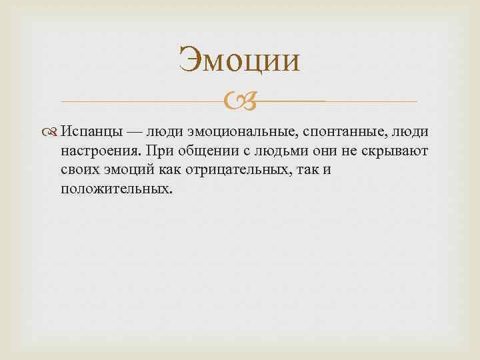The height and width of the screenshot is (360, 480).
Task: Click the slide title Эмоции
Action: coord(239,59)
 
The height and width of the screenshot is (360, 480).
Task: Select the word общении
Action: coord(205,152)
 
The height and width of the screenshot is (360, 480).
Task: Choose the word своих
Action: coord(79,170)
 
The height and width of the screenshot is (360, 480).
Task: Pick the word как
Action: coord(171,170)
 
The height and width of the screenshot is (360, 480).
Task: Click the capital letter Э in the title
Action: coord(189,60)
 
